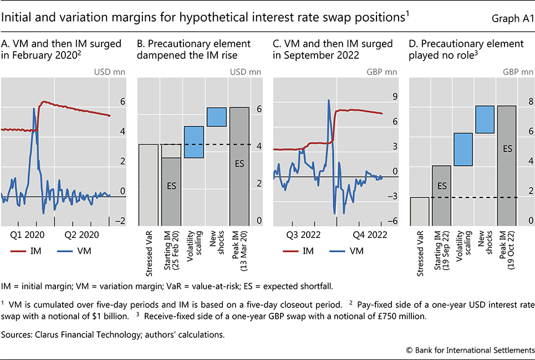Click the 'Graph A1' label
(510, 21)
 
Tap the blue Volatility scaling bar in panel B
(193, 143)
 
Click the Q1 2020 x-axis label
(28, 235)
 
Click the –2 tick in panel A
(119, 221)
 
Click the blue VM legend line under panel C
(334, 251)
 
